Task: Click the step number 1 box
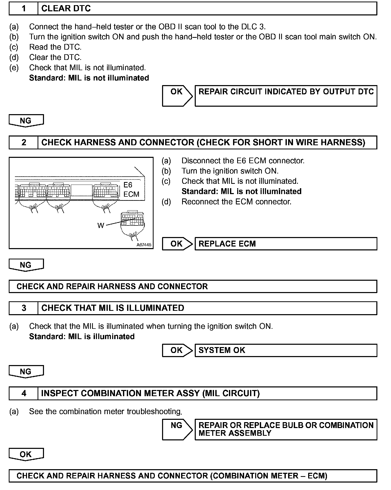23,9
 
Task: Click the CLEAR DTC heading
66,9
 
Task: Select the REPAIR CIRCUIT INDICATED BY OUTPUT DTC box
286,96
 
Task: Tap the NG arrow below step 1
26,121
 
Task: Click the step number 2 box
23,142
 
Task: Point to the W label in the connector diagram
101,225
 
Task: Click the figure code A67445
144,245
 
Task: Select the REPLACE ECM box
286,244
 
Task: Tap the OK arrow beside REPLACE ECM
177,244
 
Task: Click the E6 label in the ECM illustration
128,185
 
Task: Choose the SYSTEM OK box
286,350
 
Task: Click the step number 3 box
23,308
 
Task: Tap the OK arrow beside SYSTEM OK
177,350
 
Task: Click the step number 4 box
23,393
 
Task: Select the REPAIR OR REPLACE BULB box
286,429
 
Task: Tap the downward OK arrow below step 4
26,454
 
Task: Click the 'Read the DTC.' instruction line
55,47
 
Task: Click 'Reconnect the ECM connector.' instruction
236,202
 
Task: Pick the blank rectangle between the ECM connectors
82,190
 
